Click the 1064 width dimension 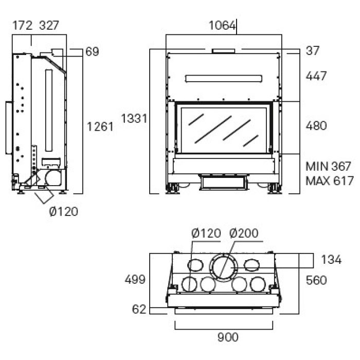[222, 25]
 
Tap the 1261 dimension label [100, 126]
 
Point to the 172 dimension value [22, 25]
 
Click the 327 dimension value [49, 25]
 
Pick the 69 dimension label [92, 51]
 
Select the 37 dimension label [312, 51]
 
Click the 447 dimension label [316, 76]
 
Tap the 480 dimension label [316, 126]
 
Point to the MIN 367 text [328, 167]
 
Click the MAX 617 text [329, 181]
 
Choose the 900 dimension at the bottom [228, 337]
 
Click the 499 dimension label [135, 280]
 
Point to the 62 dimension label [139, 309]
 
